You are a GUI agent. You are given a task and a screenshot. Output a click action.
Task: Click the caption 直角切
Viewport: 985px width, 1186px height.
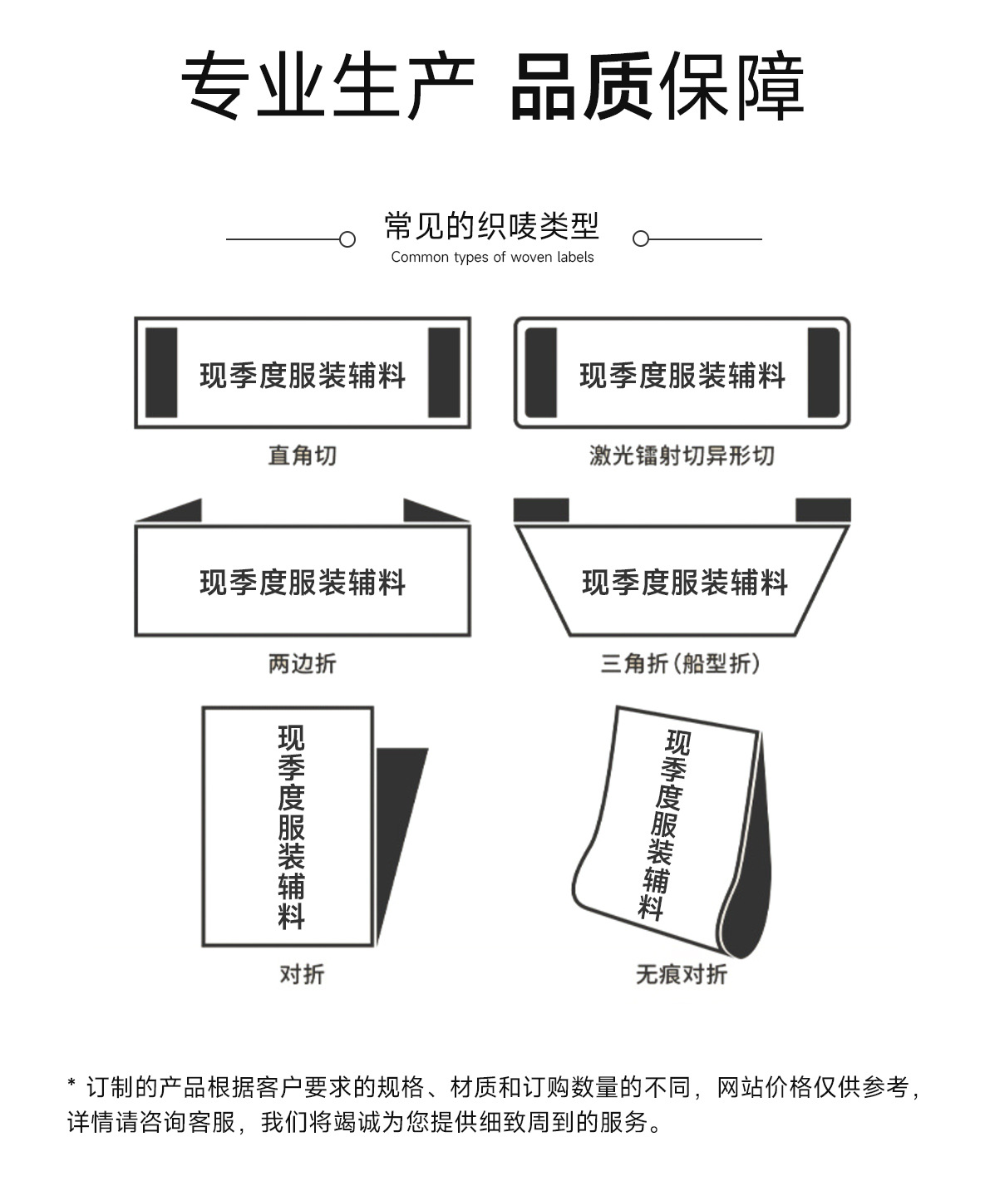[x=302, y=455]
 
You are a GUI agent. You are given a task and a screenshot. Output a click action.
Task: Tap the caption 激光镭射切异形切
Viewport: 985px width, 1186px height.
[x=682, y=455]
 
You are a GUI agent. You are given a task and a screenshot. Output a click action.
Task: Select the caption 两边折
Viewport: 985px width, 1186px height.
[x=302, y=663]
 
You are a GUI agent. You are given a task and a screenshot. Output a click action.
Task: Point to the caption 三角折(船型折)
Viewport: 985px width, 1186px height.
[x=681, y=663]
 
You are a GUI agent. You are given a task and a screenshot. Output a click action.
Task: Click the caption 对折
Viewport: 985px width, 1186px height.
[x=302, y=973]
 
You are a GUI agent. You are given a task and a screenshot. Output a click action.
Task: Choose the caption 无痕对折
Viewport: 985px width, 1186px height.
[x=681, y=973]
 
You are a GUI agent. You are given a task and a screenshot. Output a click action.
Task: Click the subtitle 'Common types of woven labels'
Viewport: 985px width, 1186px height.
[x=492, y=258]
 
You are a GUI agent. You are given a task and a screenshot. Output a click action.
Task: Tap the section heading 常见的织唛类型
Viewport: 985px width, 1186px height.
[x=492, y=226]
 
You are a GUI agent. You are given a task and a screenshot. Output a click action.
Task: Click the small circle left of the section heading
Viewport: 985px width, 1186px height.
[x=347, y=239]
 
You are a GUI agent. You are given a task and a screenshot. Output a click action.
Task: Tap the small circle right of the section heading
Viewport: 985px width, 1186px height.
[x=640, y=239]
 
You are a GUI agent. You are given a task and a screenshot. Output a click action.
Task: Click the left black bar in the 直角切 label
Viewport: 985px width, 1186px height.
[x=161, y=372]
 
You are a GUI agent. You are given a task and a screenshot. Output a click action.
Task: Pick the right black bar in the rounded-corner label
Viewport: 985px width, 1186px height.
[x=823, y=372]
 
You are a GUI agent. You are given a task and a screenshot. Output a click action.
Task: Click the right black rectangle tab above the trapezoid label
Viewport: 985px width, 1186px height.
[x=823, y=509]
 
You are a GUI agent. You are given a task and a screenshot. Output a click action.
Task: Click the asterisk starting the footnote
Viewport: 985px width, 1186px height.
[x=71, y=1085]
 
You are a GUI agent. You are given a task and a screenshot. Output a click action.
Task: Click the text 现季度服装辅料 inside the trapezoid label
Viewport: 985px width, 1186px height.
[x=685, y=583]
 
